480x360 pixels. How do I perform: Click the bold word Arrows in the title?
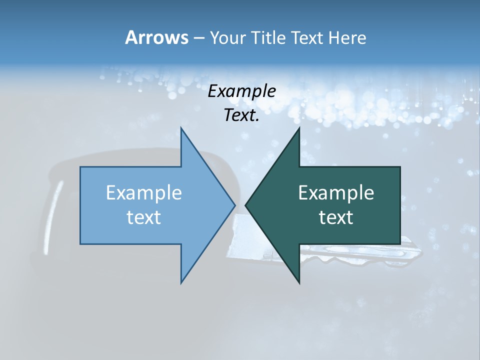click(x=156, y=37)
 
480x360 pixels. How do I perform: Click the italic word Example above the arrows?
click(x=241, y=91)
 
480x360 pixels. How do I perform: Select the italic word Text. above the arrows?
click(x=241, y=115)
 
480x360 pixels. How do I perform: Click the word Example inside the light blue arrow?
click(x=144, y=192)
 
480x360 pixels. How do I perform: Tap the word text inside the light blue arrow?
click(x=144, y=217)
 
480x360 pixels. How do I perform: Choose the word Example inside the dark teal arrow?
click(x=336, y=192)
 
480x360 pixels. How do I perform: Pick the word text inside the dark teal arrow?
click(x=336, y=217)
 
